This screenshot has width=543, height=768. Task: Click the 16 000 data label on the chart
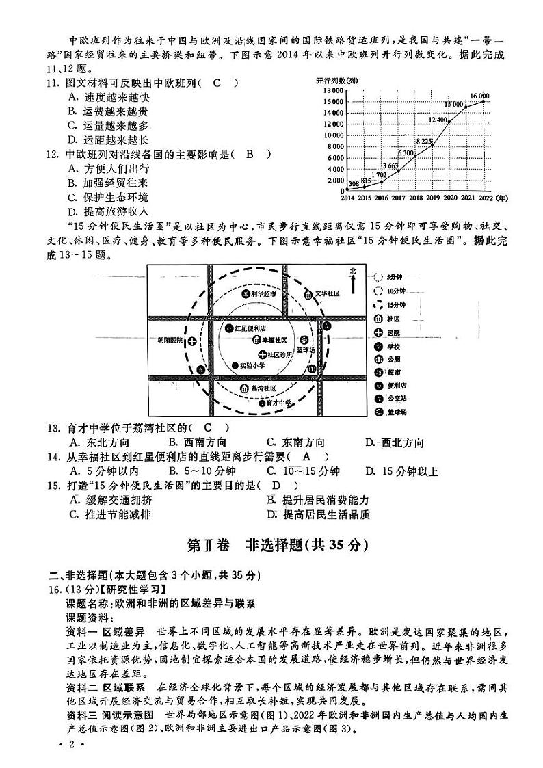pyautogui.click(x=479, y=95)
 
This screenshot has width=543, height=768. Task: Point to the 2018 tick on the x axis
pyautogui.click(x=414, y=198)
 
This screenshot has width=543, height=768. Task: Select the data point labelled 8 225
pyautogui.click(x=432, y=145)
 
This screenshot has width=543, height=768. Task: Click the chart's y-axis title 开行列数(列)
pyautogui.click(x=339, y=81)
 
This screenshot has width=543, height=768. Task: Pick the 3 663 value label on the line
pyautogui.click(x=390, y=165)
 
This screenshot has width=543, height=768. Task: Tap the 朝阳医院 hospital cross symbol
pyautogui.click(x=193, y=340)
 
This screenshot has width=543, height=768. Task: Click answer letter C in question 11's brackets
pyautogui.click(x=217, y=83)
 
